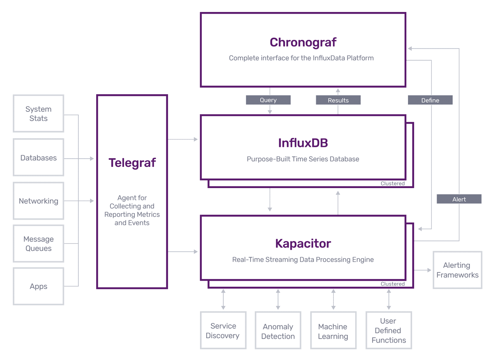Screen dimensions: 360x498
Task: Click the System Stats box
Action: (x=38, y=114)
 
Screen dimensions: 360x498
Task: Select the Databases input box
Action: (x=38, y=158)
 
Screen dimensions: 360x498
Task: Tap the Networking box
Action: (x=38, y=201)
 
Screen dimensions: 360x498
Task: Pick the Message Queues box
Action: (x=38, y=244)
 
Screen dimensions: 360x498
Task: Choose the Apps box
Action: (x=38, y=287)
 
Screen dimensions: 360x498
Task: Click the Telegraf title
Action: (x=132, y=163)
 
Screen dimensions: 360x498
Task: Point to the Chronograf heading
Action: (x=303, y=42)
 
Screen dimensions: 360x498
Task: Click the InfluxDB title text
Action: (x=303, y=143)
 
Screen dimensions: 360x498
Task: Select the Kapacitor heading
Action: (x=303, y=243)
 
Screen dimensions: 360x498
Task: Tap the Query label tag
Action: (x=268, y=100)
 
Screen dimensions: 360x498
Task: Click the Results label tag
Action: (x=338, y=100)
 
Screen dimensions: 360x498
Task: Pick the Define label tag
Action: (x=430, y=100)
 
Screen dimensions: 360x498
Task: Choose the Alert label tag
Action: (x=459, y=199)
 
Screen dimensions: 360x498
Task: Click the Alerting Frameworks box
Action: (x=457, y=270)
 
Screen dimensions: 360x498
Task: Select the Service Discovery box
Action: (x=223, y=331)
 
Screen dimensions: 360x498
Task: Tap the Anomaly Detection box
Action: (x=278, y=331)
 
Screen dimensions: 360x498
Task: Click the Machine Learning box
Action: (x=333, y=331)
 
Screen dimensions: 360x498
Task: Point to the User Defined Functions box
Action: (x=388, y=331)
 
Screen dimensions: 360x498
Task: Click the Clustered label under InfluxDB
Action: (x=392, y=184)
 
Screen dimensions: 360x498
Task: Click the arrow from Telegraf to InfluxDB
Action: (x=183, y=140)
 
